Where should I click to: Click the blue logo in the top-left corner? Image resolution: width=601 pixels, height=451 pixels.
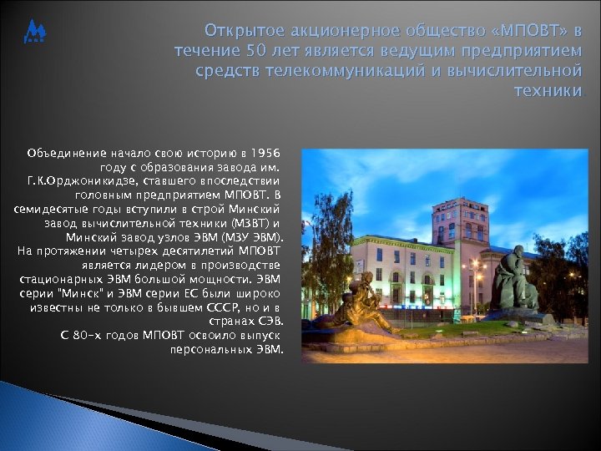[x=36, y=33]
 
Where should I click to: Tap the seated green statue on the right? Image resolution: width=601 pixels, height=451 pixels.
[x=514, y=280]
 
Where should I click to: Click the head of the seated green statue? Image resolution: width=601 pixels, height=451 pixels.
[x=518, y=253]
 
